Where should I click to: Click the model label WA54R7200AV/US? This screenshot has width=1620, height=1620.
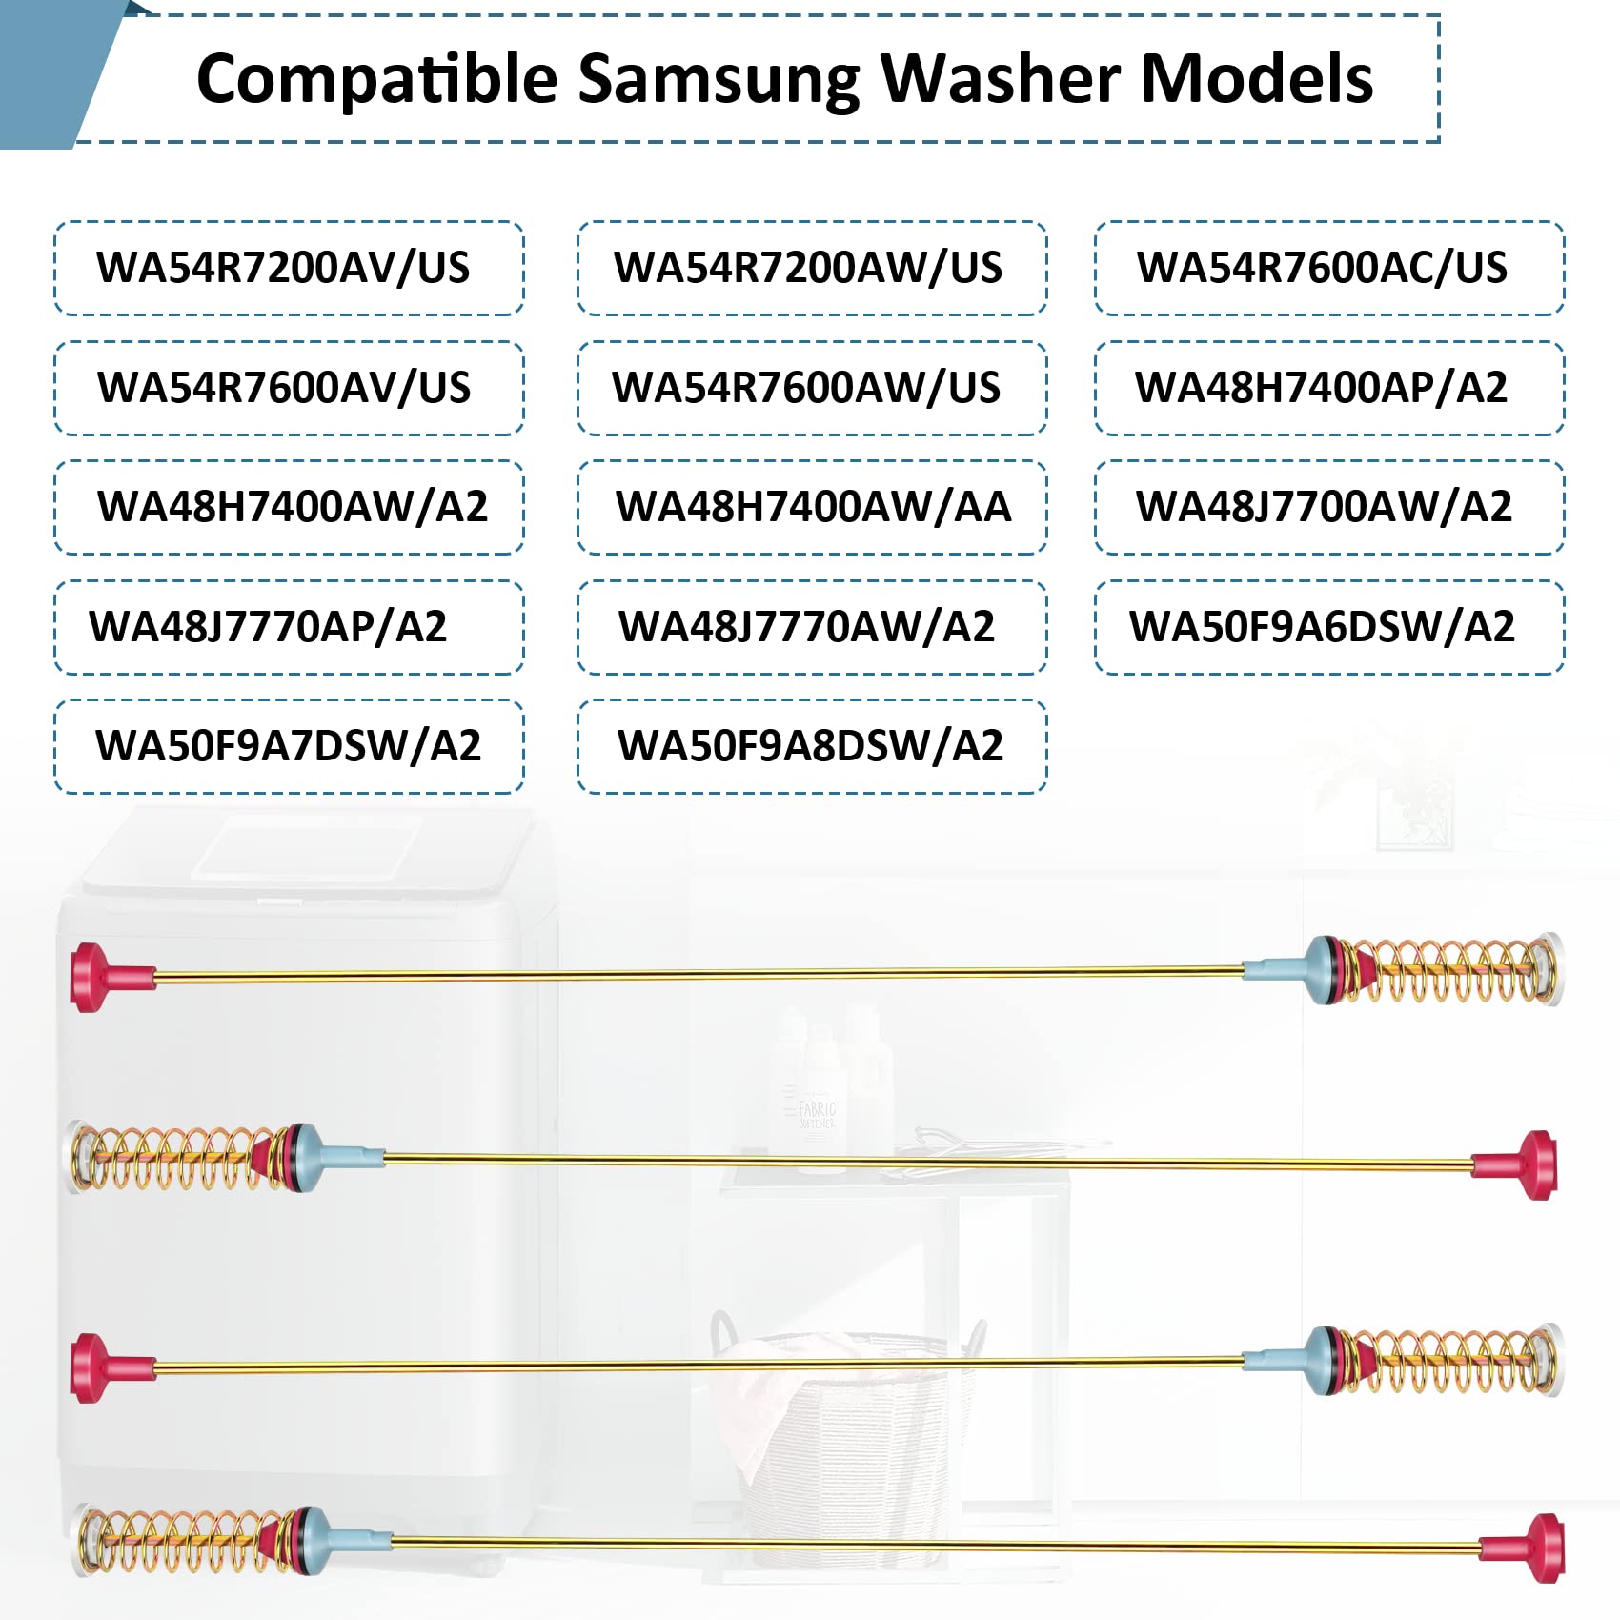click(283, 268)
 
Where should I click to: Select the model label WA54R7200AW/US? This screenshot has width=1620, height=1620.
click(808, 268)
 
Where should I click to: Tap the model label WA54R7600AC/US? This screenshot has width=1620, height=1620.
click(1322, 268)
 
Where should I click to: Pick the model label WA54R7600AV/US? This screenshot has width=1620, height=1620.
click(284, 388)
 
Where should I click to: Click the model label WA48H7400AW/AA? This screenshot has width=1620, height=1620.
click(813, 507)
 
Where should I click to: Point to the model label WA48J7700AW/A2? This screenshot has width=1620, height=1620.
click(1324, 507)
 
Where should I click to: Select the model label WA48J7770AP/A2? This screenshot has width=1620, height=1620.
click(268, 627)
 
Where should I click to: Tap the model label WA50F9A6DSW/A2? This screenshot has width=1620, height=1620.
click(1322, 627)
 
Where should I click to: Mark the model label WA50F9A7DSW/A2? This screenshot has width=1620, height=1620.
click(288, 746)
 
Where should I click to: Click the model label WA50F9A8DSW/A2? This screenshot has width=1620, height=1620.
click(810, 746)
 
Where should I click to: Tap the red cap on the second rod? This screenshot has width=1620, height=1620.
click(1527, 1164)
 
